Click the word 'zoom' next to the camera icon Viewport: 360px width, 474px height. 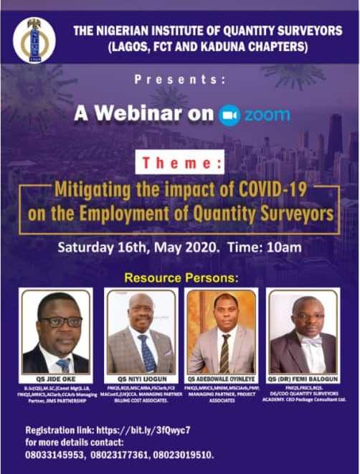click(x=266, y=115)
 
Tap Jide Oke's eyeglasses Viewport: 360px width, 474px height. click(x=59, y=322)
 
